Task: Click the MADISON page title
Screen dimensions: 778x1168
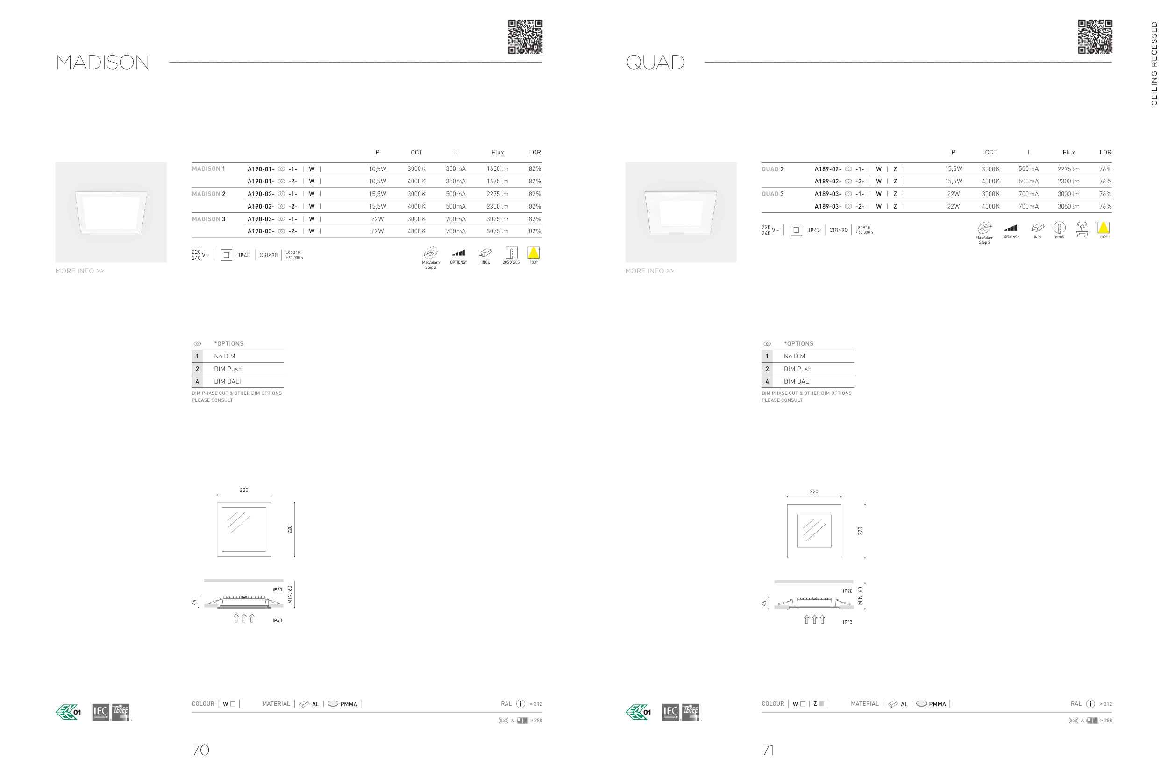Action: (102, 63)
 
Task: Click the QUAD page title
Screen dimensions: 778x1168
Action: (655, 63)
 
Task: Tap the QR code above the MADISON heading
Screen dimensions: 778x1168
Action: (525, 37)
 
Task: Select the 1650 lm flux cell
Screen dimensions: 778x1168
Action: (497, 168)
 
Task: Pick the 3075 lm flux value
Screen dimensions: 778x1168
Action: (497, 231)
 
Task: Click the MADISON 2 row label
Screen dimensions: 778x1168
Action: (208, 194)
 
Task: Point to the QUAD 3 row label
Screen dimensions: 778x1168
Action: (773, 194)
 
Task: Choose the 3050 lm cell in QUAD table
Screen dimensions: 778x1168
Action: (1068, 206)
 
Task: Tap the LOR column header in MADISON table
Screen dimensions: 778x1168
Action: (535, 152)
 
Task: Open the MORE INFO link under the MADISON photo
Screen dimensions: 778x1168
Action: (80, 271)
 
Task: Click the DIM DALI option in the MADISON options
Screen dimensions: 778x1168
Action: (227, 382)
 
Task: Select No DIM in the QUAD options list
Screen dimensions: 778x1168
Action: (794, 356)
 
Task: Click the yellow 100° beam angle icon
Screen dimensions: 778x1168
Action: (534, 253)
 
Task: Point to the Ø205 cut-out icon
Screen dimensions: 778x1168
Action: (1059, 229)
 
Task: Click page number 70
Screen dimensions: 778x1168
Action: (200, 750)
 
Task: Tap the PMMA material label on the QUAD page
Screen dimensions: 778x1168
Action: (937, 704)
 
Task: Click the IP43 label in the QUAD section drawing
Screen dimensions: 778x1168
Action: (847, 622)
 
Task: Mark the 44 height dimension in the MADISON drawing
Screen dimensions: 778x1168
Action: (194, 603)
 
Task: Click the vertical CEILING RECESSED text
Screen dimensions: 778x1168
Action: (1154, 63)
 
